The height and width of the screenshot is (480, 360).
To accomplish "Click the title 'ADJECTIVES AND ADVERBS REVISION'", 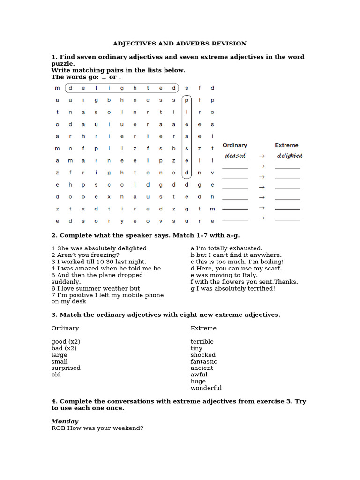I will coord(180,44).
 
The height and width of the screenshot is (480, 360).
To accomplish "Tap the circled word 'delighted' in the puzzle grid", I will coord(122,88).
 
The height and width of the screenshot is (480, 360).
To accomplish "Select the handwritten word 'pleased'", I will coord(235,156).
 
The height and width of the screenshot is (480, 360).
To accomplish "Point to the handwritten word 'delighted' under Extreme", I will coord(289,156).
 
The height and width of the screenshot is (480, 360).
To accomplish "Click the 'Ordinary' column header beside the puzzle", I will coord(234,145).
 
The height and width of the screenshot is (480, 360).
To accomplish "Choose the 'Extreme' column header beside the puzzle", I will coord(286,145).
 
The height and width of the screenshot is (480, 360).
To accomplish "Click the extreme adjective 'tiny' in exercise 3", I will coord(196,348).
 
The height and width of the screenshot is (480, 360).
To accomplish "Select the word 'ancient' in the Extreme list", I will coord(202,368).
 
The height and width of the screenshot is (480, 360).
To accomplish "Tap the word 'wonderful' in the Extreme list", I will coord(206,388).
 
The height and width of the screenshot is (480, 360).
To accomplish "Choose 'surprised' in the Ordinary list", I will coord(66,368).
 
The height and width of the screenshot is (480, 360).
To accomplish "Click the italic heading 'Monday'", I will coord(65,421).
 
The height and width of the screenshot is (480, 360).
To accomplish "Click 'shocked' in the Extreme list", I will coord(202,355).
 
